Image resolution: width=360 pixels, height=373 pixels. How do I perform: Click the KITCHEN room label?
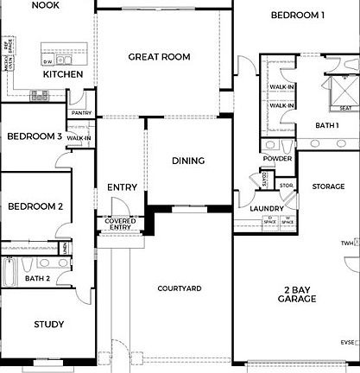[x=63, y=74]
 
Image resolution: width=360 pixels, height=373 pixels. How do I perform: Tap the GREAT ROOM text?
[x=159, y=57]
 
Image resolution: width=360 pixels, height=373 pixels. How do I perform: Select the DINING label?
[x=188, y=161]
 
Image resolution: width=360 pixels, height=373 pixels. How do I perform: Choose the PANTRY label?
[x=82, y=112]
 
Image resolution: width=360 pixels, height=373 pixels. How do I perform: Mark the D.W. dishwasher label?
[x=47, y=61]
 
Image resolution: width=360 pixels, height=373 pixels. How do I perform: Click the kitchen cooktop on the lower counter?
[x=39, y=96]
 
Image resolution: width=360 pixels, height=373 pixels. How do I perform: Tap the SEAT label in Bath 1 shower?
[x=344, y=108]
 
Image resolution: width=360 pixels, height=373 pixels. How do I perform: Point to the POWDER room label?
[x=276, y=158]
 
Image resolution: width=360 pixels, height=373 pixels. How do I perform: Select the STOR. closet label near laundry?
[x=287, y=184]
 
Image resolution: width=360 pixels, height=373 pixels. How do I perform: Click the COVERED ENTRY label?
[x=121, y=224]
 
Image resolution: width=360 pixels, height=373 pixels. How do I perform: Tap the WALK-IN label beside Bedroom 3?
[x=79, y=138]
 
